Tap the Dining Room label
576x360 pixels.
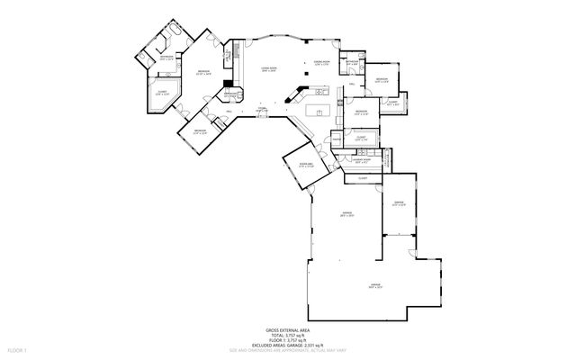(321, 63)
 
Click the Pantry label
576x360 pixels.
(335, 139)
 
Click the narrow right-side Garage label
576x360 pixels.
(400, 203)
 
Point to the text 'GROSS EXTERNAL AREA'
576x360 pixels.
(287, 331)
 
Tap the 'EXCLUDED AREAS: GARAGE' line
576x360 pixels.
(287, 345)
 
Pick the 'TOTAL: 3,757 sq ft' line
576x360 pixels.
(287, 336)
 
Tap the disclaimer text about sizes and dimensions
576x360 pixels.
(287, 349)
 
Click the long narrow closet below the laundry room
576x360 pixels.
(362, 178)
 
